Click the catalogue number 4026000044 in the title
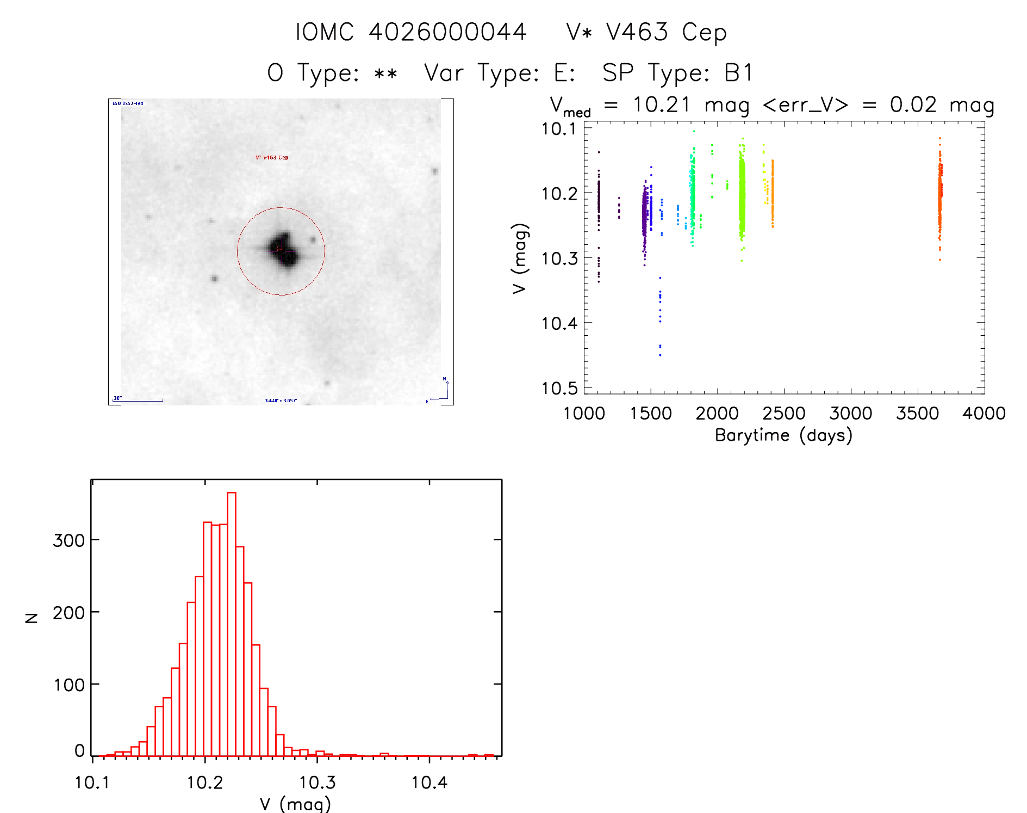[447, 32]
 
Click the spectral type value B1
[738, 73]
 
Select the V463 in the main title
[637, 32]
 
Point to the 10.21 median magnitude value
[661, 104]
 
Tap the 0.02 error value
[913, 104]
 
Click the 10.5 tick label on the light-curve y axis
[559, 388]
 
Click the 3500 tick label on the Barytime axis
[917, 414]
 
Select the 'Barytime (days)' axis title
[783, 435]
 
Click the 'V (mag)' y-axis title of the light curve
[520, 258]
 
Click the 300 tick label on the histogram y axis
[69, 540]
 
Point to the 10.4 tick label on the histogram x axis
[429, 783]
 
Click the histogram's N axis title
[32, 618]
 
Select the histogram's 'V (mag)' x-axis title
[295, 804]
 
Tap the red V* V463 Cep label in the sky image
[272, 158]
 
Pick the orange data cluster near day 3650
[939, 196]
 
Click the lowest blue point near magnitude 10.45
[660, 355]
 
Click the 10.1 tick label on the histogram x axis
[92, 783]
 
